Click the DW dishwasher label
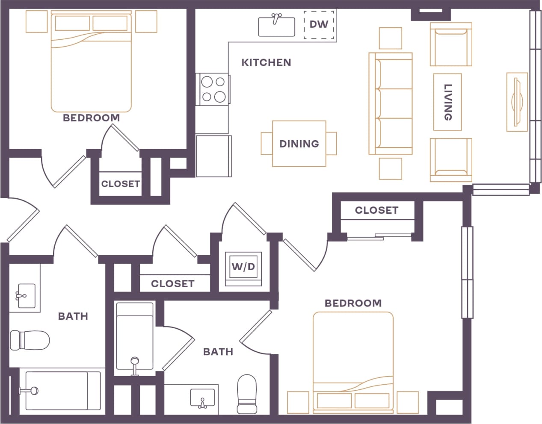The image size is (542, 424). click(319, 24)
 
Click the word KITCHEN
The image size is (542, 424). click(266, 63)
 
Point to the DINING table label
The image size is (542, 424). click(299, 144)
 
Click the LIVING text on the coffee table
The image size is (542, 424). click(447, 102)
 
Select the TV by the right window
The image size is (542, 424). click(517, 102)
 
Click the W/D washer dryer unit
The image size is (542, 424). click(243, 267)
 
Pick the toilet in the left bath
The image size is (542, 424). click(30, 340)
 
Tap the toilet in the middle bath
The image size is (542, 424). click(246, 394)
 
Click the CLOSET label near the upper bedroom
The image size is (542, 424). click(120, 184)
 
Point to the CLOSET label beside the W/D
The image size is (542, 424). click(172, 284)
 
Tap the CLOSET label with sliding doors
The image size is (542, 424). click(376, 210)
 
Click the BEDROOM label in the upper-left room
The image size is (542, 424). click(91, 118)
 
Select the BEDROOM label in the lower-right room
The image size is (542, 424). click(353, 303)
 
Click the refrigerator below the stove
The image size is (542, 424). click(213, 156)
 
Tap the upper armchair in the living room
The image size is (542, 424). click(451, 44)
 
